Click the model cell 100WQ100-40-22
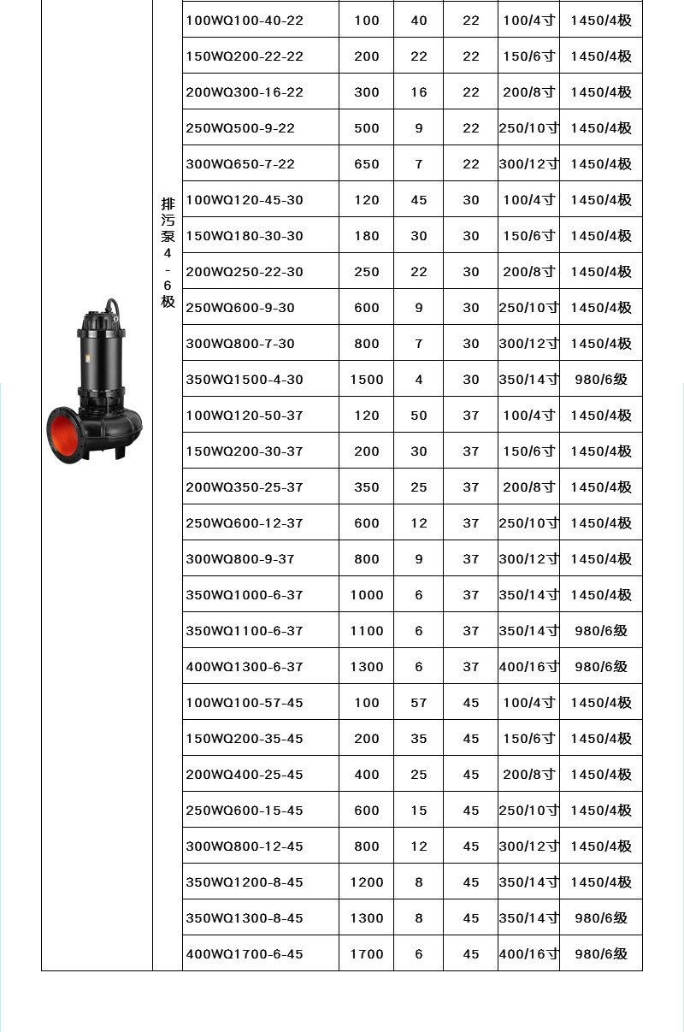coord(245,21)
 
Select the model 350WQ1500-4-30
coord(245,380)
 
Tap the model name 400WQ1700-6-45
coord(245,954)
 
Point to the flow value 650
coord(366,164)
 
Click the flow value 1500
coord(366,380)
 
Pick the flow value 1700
coord(366,954)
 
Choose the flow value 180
coord(366,236)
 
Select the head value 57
coord(418,703)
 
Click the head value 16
coord(418,92)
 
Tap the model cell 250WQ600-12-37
coord(245,523)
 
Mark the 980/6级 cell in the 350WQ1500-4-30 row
coord(601,380)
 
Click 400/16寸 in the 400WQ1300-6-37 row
coord(528,667)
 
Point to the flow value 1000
coord(366,595)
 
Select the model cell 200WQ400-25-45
coord(245,775)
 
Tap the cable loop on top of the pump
coord(111,305)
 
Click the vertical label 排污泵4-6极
coord(168,253)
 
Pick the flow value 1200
coord(366,882)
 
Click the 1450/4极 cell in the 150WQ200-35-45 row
coord(601,739)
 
